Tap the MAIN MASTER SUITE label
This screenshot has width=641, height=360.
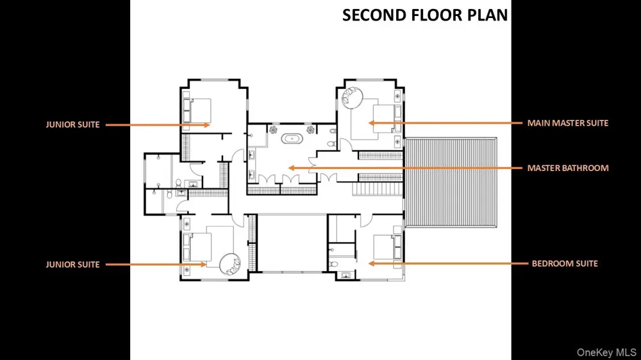point(567,123)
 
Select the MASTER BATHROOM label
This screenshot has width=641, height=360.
point(568,168)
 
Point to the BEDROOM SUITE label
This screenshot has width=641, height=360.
point(565,263)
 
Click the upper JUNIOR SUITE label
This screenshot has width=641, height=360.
point(73,125)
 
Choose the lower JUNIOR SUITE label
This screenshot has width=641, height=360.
point(73,265)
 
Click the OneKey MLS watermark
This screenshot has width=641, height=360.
point(606,352)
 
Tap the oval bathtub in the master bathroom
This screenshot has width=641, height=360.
point(292,138)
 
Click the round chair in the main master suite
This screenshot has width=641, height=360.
point(351,98)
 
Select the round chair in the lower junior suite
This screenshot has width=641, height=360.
point(230,265)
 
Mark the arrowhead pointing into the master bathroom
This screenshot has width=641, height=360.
point(291,168)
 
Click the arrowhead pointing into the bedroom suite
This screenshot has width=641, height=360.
point(371,263)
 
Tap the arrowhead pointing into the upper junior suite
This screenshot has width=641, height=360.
point(207,125)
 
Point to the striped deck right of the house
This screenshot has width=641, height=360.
point(451,183)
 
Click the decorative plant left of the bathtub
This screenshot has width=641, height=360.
point(273,130)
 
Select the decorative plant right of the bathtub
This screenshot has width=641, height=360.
point(311,130)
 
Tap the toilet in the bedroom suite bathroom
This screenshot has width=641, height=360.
point(333,265)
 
